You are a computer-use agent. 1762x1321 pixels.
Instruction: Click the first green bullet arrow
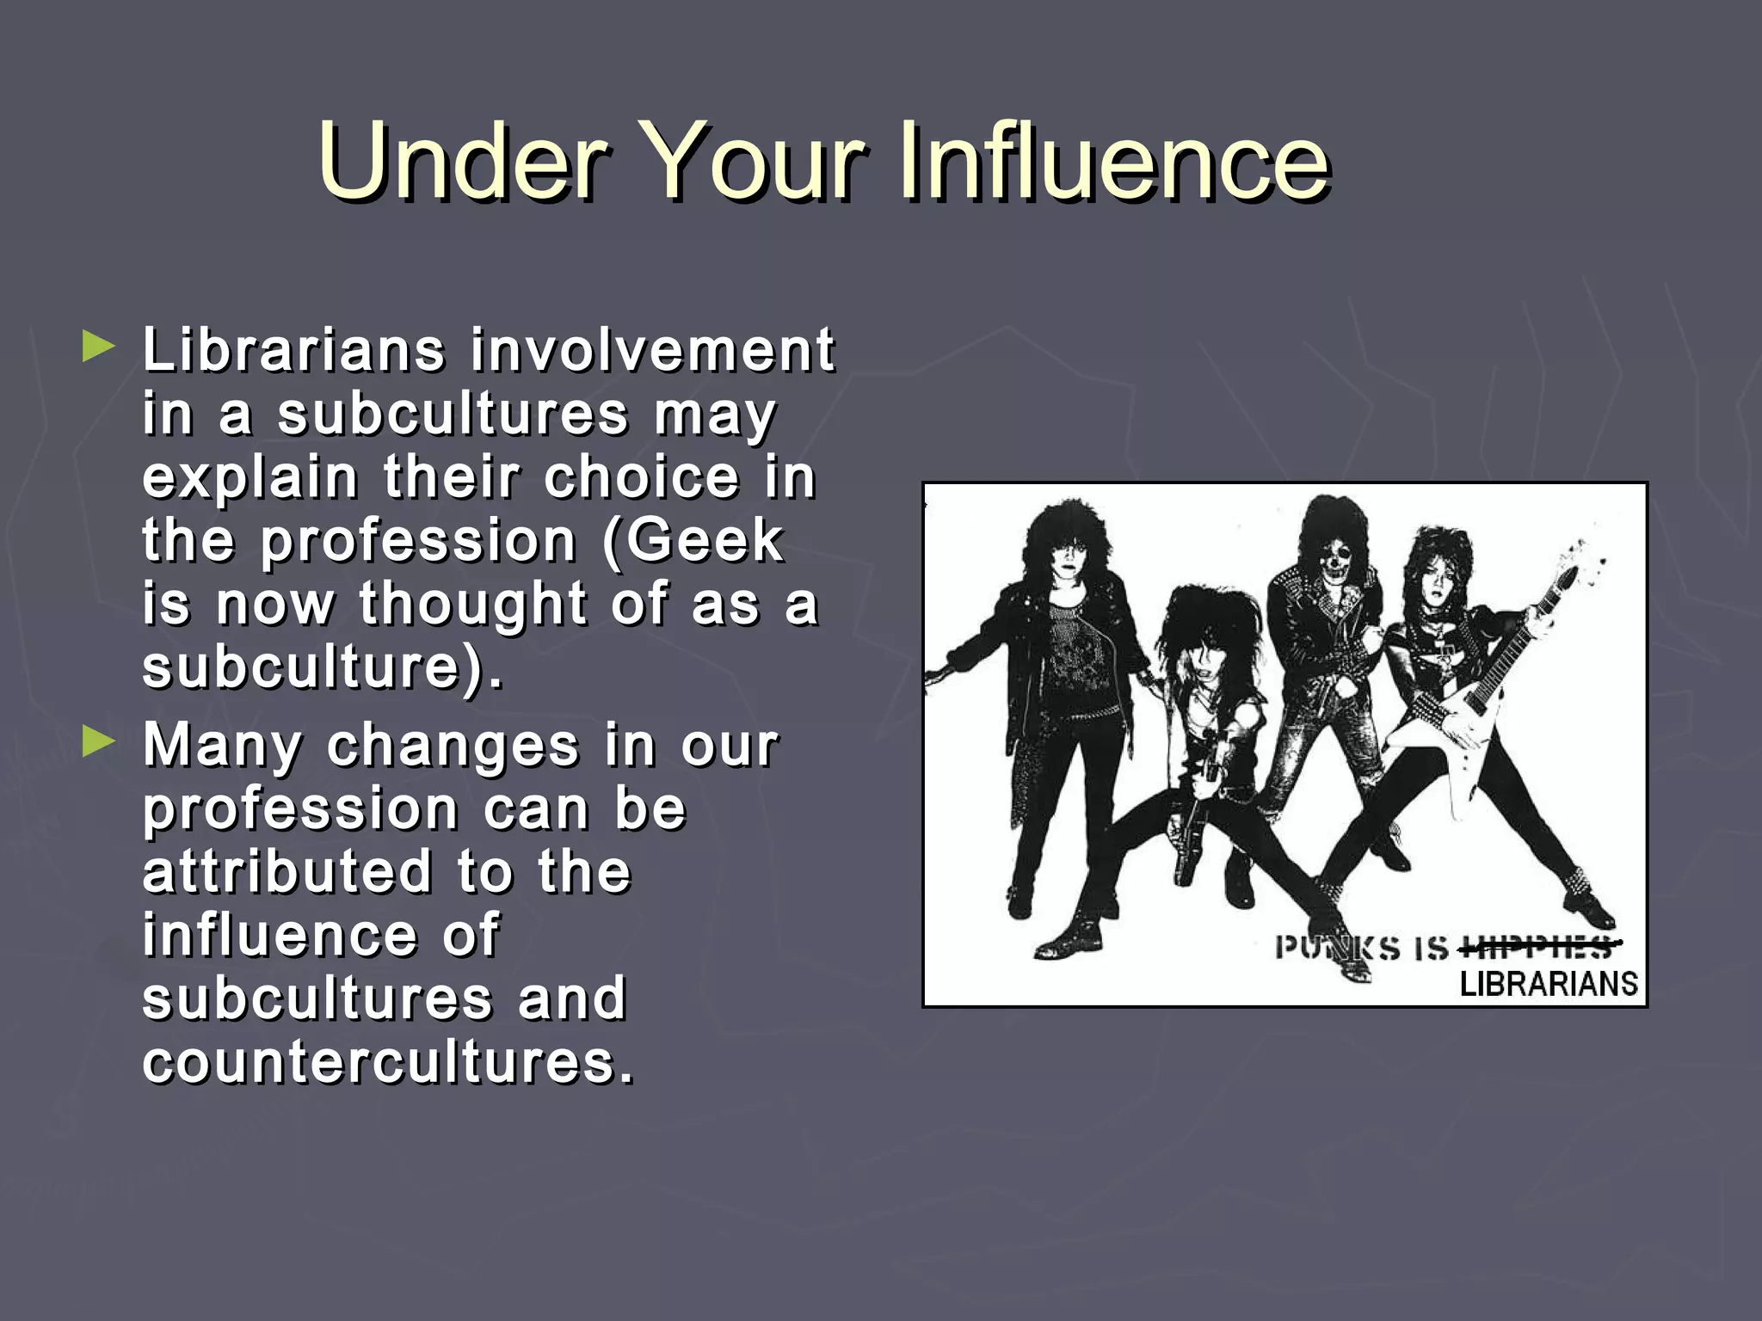pyautogui.click(x=98, y=347)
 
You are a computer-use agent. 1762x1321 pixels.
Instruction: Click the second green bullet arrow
pyautogui.click(x=98, y=741)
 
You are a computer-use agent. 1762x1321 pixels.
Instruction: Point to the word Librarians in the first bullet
pyautogui.click(x=293, y=350)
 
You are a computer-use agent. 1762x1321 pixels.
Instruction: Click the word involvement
pyautogui.click(x=652, y=350)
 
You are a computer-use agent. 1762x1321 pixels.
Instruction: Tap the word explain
pyautogui.click(x=250, y=478)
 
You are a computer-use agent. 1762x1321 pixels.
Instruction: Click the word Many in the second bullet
pyautogui.click(x=222, y=745)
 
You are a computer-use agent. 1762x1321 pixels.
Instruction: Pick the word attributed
pyautogui.click(x=287, y=871)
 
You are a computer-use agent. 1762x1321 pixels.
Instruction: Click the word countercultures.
pyautogui.click(x=387, y=1061)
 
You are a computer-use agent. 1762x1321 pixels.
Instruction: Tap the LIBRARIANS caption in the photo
pyautogui.click(x=1548, y=984)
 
